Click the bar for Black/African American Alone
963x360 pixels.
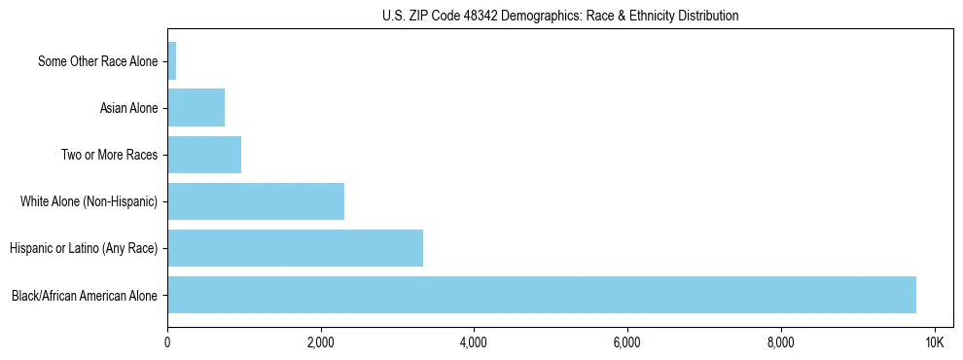(x=542, y=295)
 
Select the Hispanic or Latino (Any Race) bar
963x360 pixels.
(x=296, y=248)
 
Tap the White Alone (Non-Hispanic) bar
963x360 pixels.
(x=256, y=201)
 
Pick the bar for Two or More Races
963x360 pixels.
(x=204, y=155)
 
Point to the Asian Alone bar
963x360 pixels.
(x=196, y=107)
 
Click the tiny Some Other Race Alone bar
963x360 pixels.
(x=172, y=60)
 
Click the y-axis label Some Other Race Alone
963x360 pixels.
(x=97, y=61)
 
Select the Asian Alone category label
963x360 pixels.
(x=128, y=108)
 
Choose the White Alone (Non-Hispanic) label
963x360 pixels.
(x=89, y=201)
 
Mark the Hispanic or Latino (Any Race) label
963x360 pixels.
(x=84, y=248)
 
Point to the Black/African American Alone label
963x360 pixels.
(x=85, y=295)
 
